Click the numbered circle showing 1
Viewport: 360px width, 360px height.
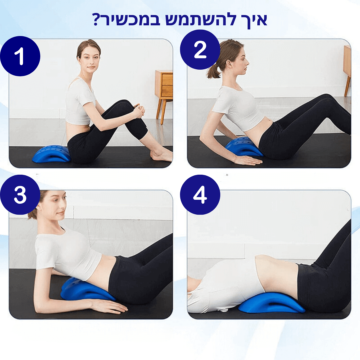(x=20, y=56)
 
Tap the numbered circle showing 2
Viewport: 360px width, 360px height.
(x=200, y=50)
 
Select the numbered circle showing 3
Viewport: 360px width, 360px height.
(x=20, y=195)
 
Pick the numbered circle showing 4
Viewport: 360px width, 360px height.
(x=200, y=195)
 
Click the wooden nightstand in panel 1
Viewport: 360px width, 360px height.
(x=164, y=94)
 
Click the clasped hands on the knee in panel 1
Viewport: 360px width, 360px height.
(x=139, y=110)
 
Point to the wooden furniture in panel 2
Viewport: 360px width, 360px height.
(x=347, y=69)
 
